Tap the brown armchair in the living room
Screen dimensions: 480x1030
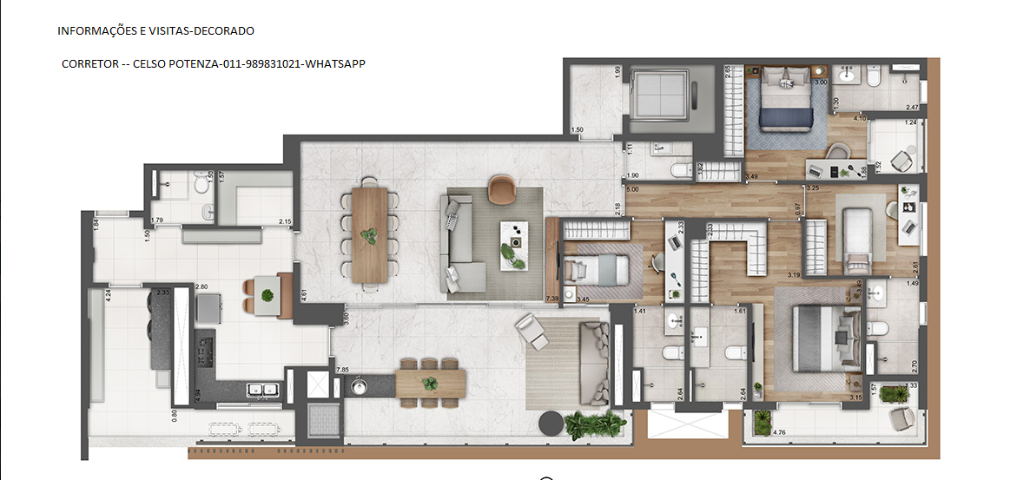(501, 188)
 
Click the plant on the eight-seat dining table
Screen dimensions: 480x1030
(370, 234)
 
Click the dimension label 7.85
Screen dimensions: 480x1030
(341, 371)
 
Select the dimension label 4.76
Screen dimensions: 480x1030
(778, 431)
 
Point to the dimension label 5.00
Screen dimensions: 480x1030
(632, 188)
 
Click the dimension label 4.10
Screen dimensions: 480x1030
(860, 118)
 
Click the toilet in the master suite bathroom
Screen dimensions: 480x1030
(877, 328)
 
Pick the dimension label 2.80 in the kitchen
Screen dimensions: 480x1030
(201, 286)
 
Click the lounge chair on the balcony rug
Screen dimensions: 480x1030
(532, 331)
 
